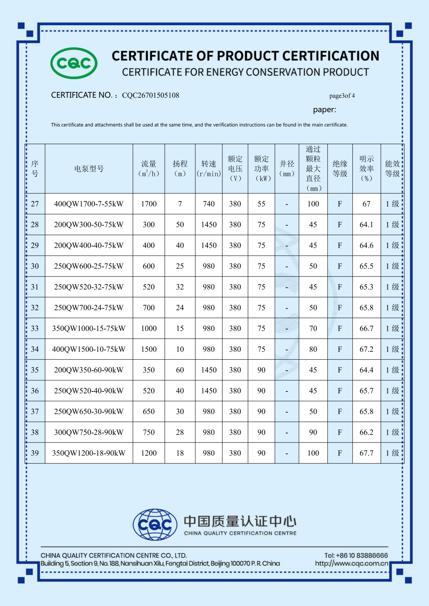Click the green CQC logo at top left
[x=74, y=63]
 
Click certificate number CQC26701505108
[x=150, y=95]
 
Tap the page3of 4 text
[x=342, y=96]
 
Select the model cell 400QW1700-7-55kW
[x=89, y=204]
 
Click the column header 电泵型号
[x=89, y=169]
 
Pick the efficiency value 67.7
[x=366, y=453]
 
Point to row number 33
[x=35, y=328]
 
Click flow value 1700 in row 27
[x=149, y=204]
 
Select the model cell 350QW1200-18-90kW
[x=89, y=453]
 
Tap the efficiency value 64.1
[x=366, y=225]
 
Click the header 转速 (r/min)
[x=208, y=169]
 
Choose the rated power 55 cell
[x=261, y=204]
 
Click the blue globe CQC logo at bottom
[x=155, y=524]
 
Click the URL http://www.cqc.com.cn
[x=351, y=563]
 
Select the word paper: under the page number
[x=324, y=109]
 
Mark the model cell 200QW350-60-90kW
[x=89, y=370]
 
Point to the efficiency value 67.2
[x=366, y=349]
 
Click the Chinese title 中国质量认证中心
[x=240, y=521]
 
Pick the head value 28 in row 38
[x=180, y=432]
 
